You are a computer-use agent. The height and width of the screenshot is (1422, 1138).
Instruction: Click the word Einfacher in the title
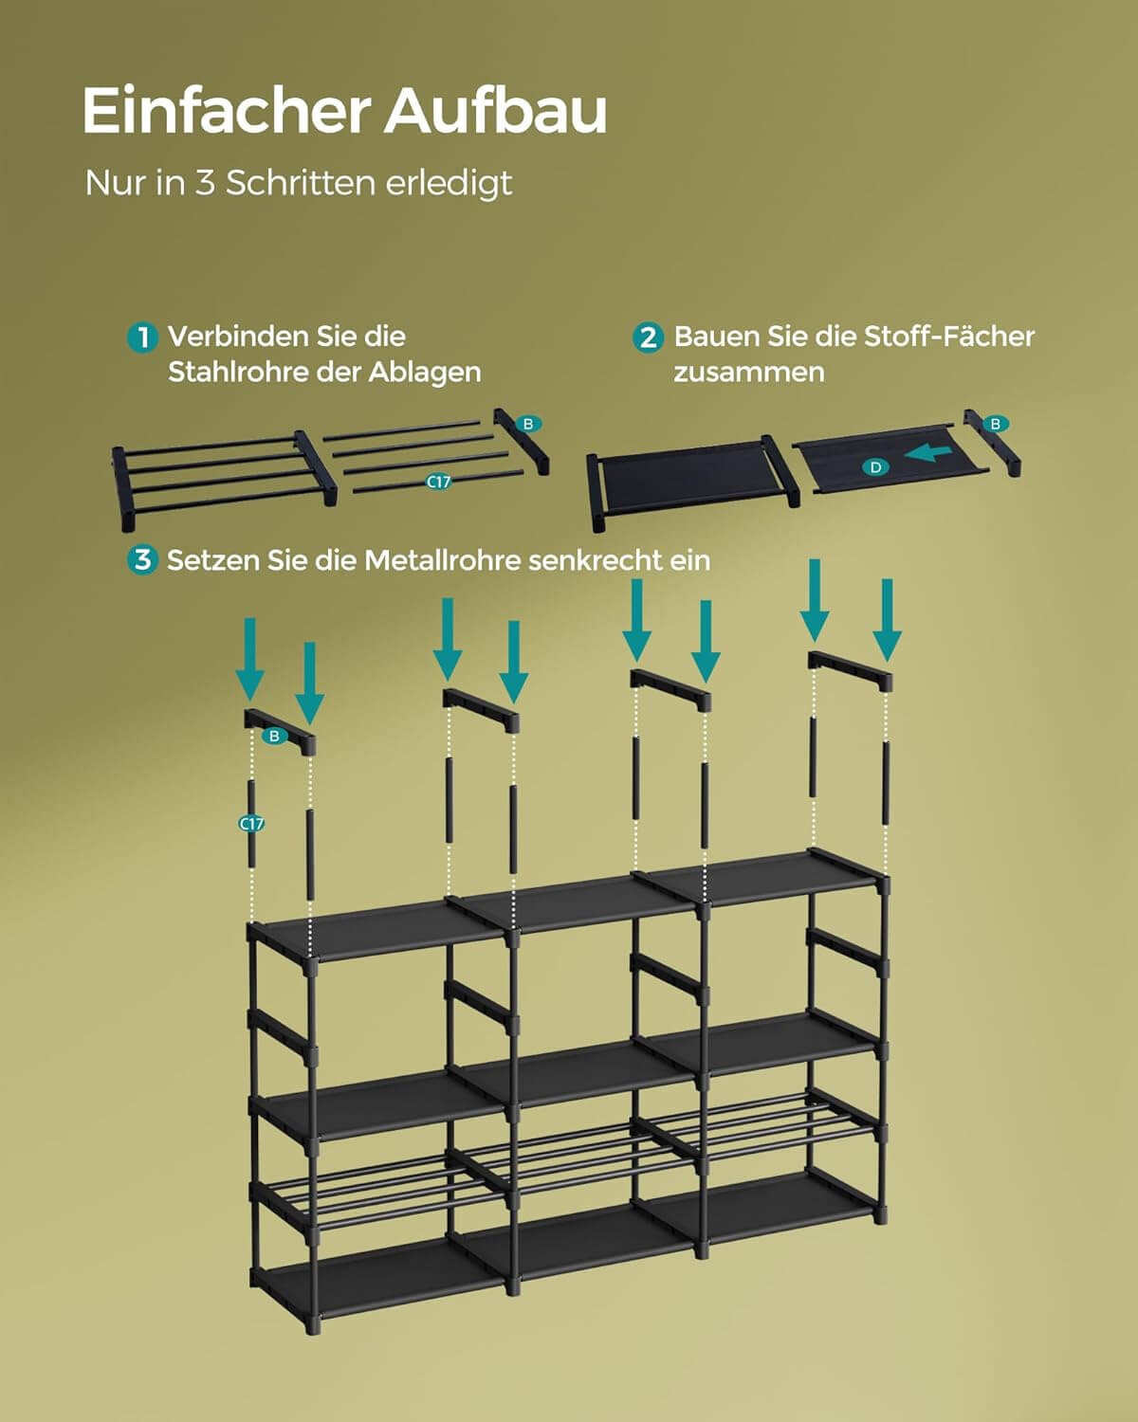point(225,112)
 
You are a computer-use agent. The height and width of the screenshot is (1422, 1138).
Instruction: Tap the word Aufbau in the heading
point(495,112)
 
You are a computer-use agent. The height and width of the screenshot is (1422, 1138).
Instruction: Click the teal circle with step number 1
point(142,337)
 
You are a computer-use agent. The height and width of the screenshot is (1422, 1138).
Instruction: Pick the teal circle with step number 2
point(649,337)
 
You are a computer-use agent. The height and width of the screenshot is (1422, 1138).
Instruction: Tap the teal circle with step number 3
point(142,560)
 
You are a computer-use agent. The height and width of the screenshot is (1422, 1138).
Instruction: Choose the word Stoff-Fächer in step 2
point(948,337)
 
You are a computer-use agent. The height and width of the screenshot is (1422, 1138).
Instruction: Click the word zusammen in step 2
point(748,372)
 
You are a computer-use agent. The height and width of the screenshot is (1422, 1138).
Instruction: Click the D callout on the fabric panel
point(875,466)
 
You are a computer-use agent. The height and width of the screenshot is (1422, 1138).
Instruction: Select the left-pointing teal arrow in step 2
point(928,454)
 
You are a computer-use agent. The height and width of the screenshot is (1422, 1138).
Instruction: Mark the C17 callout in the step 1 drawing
point(438,482)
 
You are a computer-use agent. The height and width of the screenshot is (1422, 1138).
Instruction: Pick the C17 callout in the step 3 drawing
point(251,824)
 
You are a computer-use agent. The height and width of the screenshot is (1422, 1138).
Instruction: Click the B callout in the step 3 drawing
point(274,736)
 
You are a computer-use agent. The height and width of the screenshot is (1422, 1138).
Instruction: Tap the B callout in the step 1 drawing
point(528,424)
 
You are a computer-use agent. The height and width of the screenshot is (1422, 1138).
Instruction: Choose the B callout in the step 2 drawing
point(996,424)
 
